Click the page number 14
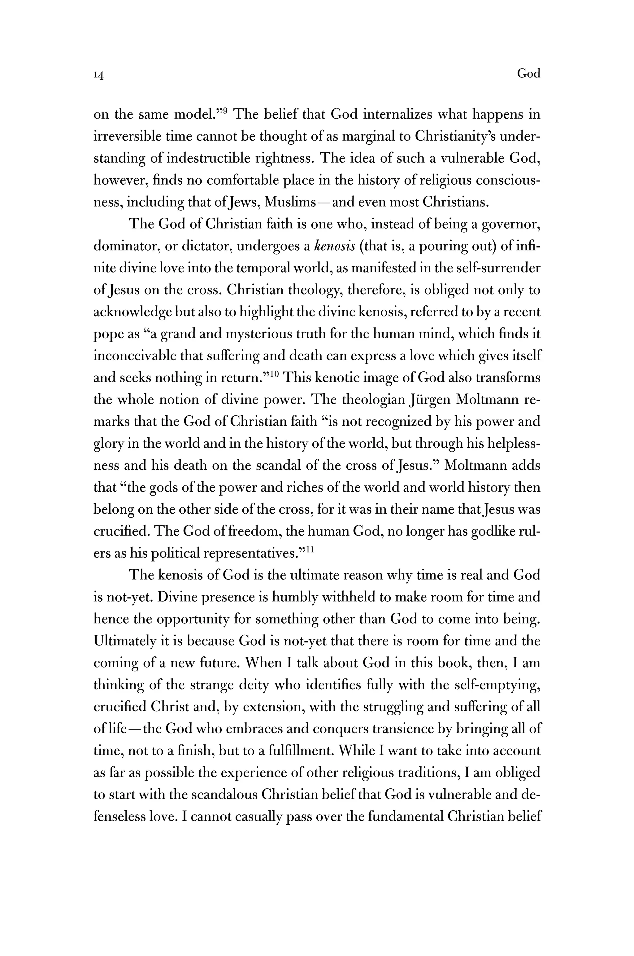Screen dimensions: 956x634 point(99,75)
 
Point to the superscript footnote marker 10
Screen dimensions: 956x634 point(274,374)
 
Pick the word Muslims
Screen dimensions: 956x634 point(289,202)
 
